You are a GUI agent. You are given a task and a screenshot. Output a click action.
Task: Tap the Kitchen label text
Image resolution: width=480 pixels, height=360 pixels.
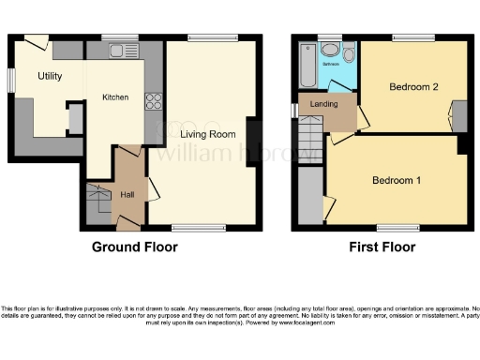[x=115, y=97]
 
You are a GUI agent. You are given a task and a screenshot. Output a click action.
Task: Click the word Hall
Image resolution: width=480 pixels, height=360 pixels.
[x=128, y=194]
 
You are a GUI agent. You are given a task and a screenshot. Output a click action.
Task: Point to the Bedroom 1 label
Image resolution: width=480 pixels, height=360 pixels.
[x=396, y=180]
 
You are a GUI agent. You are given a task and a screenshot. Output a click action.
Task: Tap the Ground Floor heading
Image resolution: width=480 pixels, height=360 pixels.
[x=134, y=247]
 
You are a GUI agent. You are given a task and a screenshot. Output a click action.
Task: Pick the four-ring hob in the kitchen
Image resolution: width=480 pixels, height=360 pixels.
[x=154, y=102]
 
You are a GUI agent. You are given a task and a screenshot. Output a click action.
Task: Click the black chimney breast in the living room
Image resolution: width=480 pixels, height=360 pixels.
[x=253, y=143]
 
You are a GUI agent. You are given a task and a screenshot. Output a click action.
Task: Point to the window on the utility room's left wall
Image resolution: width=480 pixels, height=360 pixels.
[x=11, y=81]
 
